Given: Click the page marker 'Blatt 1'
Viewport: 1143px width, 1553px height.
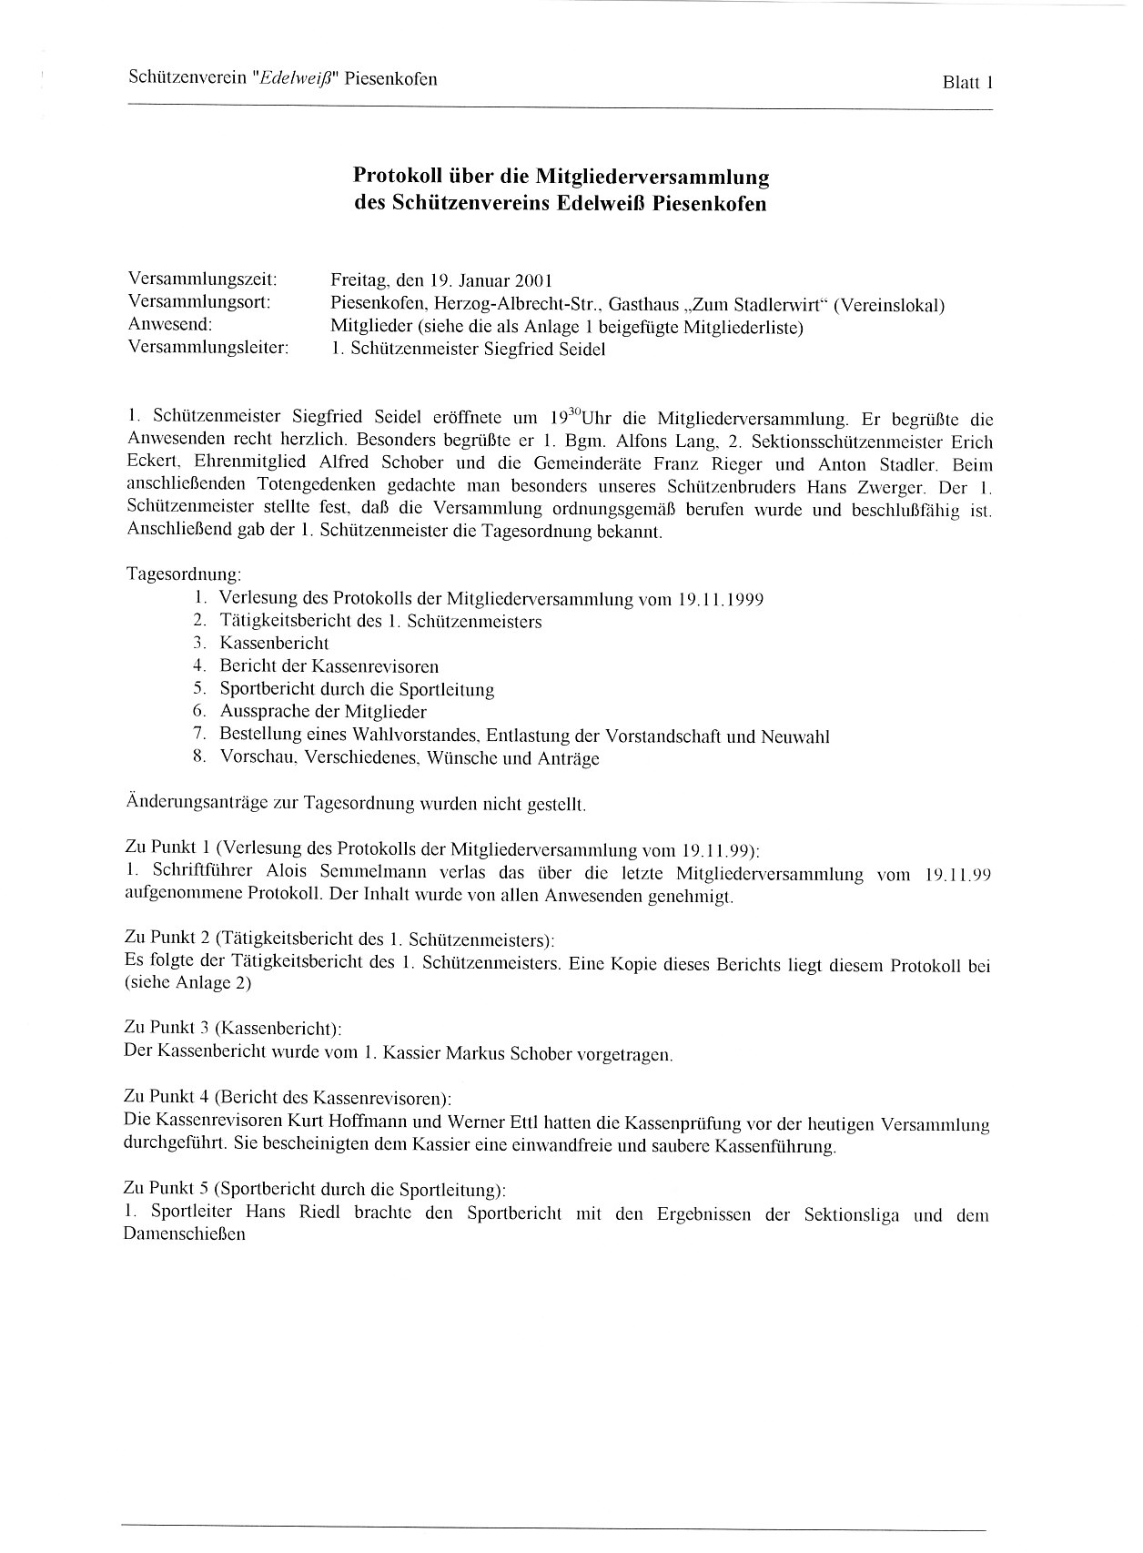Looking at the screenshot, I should click(966, 83).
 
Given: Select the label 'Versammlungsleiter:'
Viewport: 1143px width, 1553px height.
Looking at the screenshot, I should click(208, 348).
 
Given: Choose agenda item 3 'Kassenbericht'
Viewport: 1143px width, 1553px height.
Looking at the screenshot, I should click(274, 644).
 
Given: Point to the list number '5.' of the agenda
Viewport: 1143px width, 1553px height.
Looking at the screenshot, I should click(201, 689).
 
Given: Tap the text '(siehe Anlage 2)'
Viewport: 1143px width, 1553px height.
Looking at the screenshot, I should click(187, 983).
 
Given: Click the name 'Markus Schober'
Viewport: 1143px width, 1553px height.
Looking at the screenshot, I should click(507, 1054).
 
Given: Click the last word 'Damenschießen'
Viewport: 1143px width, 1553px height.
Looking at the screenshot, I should click(184, 1235).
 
